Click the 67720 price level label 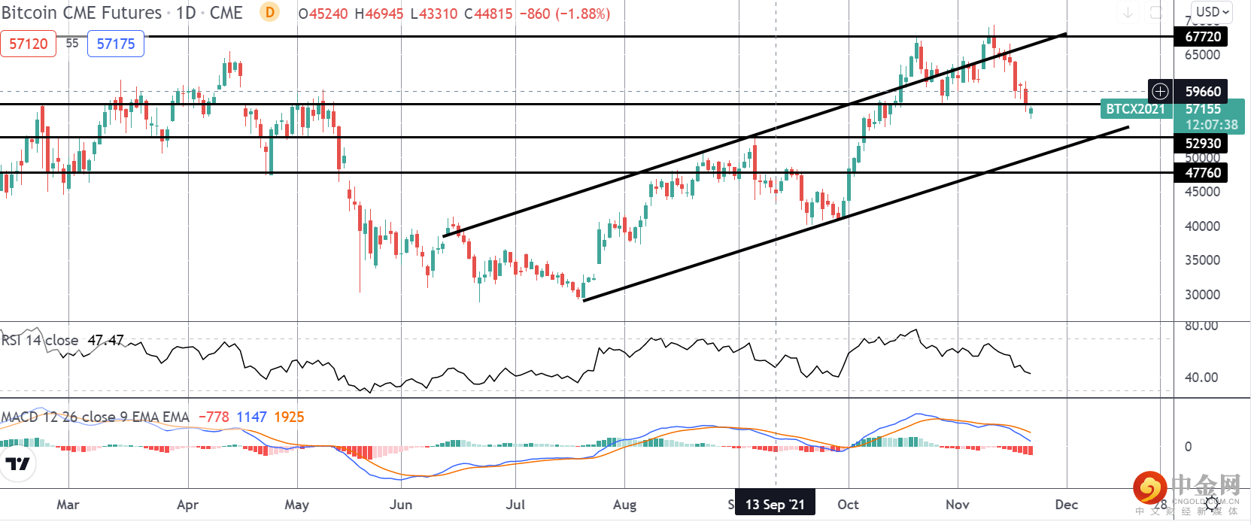point(1202,36)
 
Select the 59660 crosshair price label point(1202,91)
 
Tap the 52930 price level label point(1202,143)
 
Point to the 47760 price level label point(1202,172)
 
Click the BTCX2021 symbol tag point(1134,109)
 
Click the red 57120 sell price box point(29,44)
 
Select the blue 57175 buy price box point(116,44)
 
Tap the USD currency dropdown point(1212,12)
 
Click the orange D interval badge point(269,12)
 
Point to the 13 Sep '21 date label point(775,504)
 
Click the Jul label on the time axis point(515,504)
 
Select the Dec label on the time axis point(1066,504)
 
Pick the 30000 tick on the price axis point(1202,295)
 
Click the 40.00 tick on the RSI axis point(1201,378)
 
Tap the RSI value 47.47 point(105,340)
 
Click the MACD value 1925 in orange point(289,417)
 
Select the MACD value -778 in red point(214,417)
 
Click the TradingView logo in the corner point(17,463)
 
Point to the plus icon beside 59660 point(1161,91)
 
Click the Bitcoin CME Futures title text point(81,13)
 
